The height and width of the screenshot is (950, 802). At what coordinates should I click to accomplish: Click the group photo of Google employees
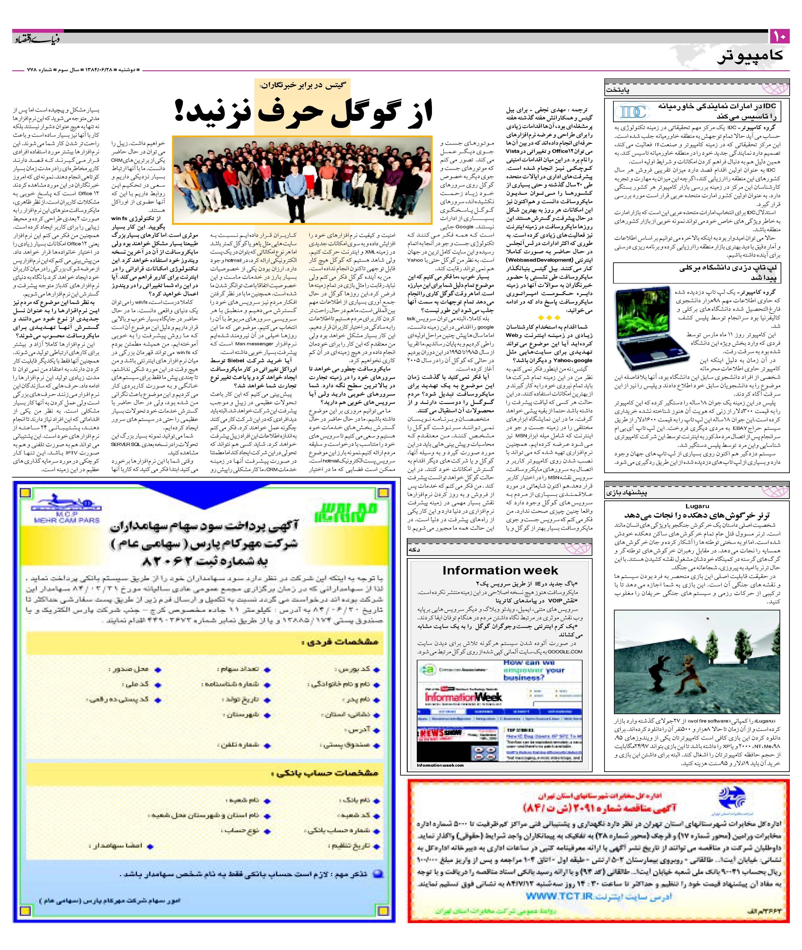coord(302,180)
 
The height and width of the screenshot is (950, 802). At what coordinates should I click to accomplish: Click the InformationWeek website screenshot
coord(499,711)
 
